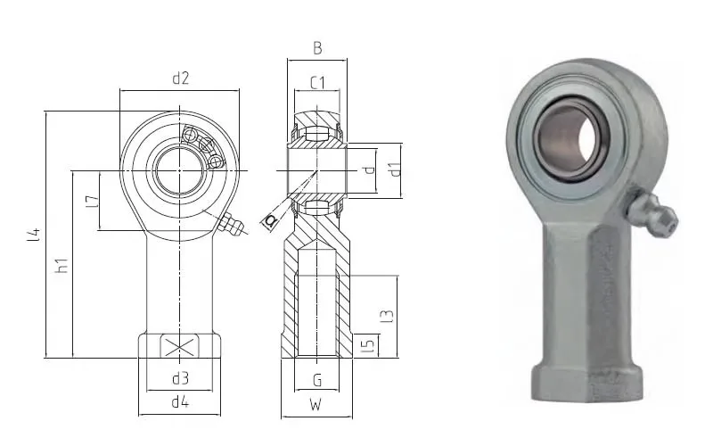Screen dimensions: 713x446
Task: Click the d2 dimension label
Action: [x=180, y=78]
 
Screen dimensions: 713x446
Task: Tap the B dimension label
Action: [x=317, y=48]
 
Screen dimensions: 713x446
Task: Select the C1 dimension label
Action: [x=317, y=83]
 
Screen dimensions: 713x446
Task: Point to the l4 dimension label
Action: [x=34, y=235]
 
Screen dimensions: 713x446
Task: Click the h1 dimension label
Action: [x=61, y=265]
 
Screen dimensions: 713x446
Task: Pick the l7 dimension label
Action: [x=92, y=202]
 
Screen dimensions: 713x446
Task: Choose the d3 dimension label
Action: [x=180, y=378]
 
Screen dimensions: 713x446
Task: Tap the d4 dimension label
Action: [x=180, y=402]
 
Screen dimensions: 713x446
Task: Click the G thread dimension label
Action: [x=317, y=380]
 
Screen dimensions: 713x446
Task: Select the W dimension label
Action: [x=316, y=404]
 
